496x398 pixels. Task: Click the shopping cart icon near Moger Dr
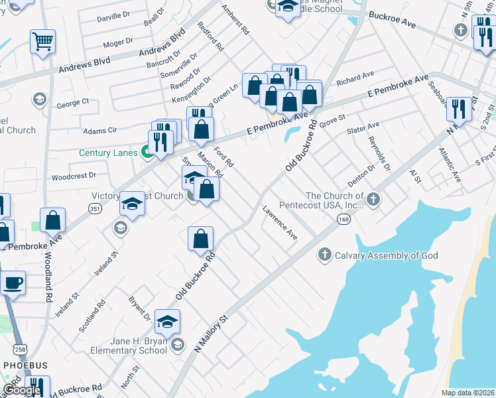(42, 42)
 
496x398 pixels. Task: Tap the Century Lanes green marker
(145, 153)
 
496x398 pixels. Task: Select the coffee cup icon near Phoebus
(13, 284)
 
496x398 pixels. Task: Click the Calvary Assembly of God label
(387, 255)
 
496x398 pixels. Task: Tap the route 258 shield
(21, 349)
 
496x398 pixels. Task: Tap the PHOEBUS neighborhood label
(25, 365)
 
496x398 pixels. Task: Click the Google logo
(22, 390)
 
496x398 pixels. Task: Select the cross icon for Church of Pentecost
(373, 198)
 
